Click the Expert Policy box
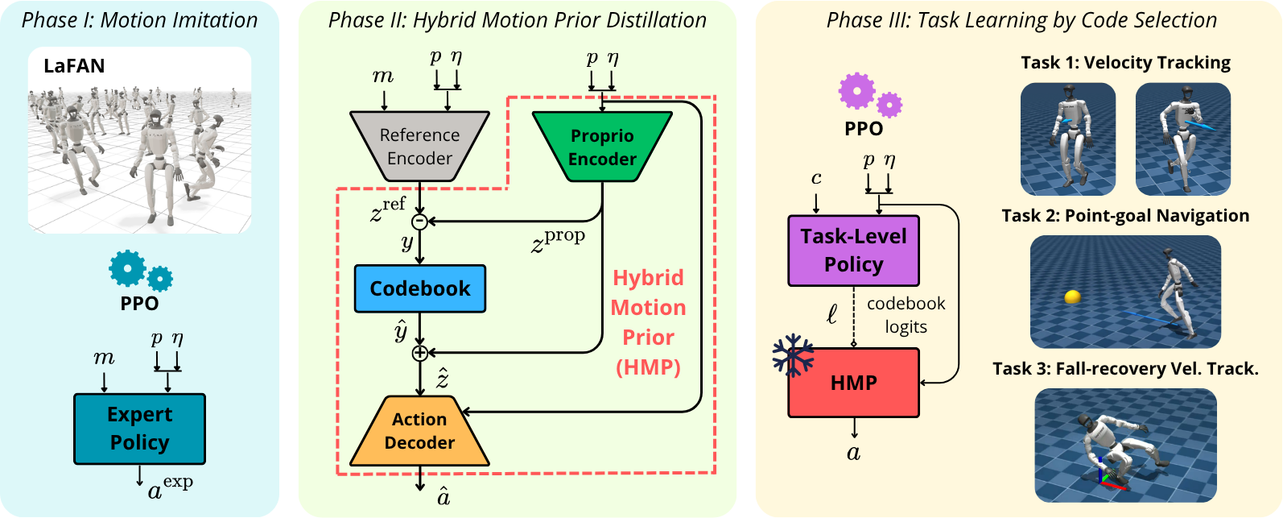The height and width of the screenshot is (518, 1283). pyautogui.click(x=139, y=429)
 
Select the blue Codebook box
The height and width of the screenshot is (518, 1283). pyautogui.click(x=420, y=288)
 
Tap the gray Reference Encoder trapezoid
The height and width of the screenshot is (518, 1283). pyautogui.click(x=419, y=146)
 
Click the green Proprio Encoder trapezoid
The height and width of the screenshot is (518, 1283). pyautogui.click(x=602, y=147)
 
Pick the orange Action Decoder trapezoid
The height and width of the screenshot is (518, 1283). pyautogui.click(x=419, y=430)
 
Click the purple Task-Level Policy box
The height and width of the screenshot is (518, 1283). pyautogui.click(x=853, y=251)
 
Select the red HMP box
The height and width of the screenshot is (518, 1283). pyautogui.click(x=853, y=382)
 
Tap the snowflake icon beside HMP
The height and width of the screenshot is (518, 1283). pyautogui.click(x=794, y=355)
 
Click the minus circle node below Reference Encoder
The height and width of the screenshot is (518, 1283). pyautogui.click(x=420, y=222)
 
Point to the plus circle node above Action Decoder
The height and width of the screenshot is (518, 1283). pyautogui.click(x=420, y=353)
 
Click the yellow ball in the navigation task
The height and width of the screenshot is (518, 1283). pyautogui.click(x=1072, y=296)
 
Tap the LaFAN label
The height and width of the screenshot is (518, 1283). pyautogui.click(x=74, y=66)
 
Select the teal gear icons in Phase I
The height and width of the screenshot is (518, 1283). pyautogui.click(x=141, y=271)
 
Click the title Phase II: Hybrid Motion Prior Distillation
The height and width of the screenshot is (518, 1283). pyautogui.click(x=518, y=20)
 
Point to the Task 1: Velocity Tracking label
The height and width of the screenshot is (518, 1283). pyautogui.click(x=1125, y=63)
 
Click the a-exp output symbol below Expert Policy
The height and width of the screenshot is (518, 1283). pyautogui.click(x=170, y=487)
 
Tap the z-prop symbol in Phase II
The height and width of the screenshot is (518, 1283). pyautogui.click(x=558, y=241)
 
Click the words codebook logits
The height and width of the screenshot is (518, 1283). pyautogui.click(x=906, y=314)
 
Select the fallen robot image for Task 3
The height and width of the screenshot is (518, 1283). pyautogui.click(x=1125, y=445)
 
